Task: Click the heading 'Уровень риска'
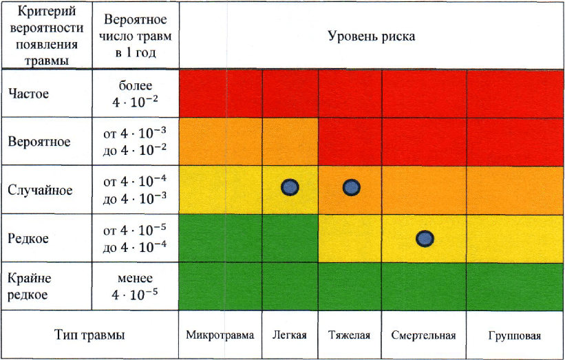371,36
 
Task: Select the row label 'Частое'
28,94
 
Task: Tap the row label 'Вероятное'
39,142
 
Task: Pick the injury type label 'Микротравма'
220,336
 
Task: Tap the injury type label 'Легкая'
290,336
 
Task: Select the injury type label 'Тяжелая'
351,336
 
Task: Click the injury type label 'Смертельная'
424,336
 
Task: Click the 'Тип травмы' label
90,336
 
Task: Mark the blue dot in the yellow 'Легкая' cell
290,187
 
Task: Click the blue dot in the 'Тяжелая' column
351,187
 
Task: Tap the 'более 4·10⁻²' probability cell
136,94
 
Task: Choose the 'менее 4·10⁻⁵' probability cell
136,286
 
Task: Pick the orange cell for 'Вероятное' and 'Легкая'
290,142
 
